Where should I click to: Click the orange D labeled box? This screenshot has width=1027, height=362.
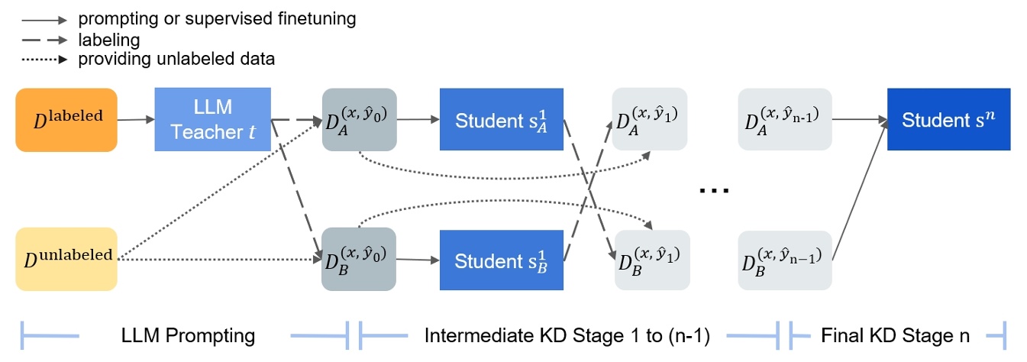[x=66, y=120]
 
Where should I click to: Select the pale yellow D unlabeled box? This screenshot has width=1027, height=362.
[x=66, y=259]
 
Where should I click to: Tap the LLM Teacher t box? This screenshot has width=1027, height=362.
[x=213, y=119]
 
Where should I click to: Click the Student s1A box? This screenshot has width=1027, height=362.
[x=502, y=119]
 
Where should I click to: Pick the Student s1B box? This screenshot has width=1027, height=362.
[x=502, y=260]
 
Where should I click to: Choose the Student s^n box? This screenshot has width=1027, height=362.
[x=948, y=119]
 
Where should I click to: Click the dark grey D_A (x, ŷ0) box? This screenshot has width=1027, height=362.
[x=360, y=120]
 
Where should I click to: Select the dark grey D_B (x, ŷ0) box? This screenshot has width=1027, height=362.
[x=359, y=259]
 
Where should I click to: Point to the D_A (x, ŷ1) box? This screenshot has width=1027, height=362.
[x=650, y=119]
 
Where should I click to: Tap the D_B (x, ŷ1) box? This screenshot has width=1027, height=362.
[x=652, y=260]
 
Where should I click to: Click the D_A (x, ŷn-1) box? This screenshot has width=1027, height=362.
[x=785, y=119]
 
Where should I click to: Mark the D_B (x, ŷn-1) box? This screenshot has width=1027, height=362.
[x=785, y=260]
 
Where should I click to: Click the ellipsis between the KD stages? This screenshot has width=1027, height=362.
[x=714, y=190]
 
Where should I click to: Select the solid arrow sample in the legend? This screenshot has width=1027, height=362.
[x=44, y=20]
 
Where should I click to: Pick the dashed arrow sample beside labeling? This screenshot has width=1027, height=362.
[x=44, y=40]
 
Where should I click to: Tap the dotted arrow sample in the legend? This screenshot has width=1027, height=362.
[x=44, y=60]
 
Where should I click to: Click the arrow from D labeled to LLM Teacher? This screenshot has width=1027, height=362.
[x=136, y=120]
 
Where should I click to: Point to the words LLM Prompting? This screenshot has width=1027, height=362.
[x=188, y=335]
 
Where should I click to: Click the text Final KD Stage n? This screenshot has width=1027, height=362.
[x=895, y=335]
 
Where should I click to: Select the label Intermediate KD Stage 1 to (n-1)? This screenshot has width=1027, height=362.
[x=567, y=336]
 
